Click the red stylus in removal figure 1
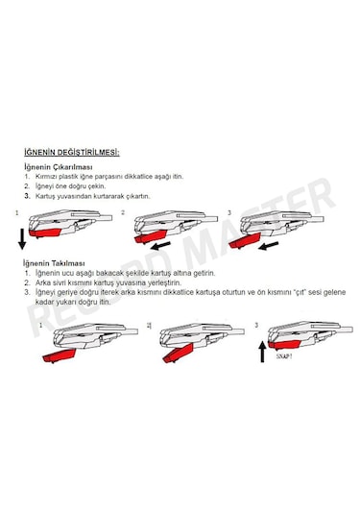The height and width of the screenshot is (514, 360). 49,231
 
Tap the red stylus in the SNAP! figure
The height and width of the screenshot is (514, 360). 288,342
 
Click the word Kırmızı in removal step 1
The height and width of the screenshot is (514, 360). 49,178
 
